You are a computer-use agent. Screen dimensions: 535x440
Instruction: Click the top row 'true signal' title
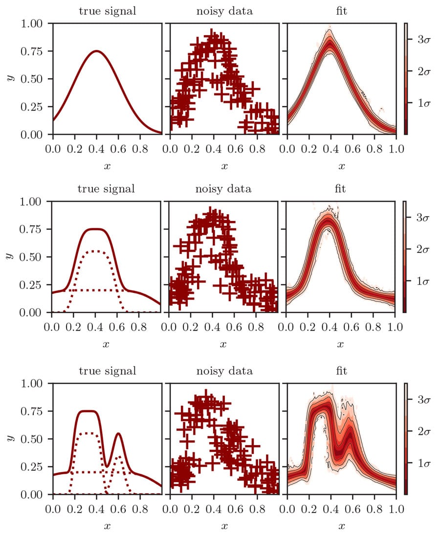point(107,10)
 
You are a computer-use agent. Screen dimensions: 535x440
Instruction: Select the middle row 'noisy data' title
point(224,188)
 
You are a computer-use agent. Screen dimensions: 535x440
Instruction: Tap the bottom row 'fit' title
point(341,371)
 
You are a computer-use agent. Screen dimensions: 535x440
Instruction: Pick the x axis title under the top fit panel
point(341,166)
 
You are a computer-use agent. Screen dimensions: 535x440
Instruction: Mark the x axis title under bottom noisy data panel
point(224,526)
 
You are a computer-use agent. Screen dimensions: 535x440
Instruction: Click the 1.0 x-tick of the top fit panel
point(395,147)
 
